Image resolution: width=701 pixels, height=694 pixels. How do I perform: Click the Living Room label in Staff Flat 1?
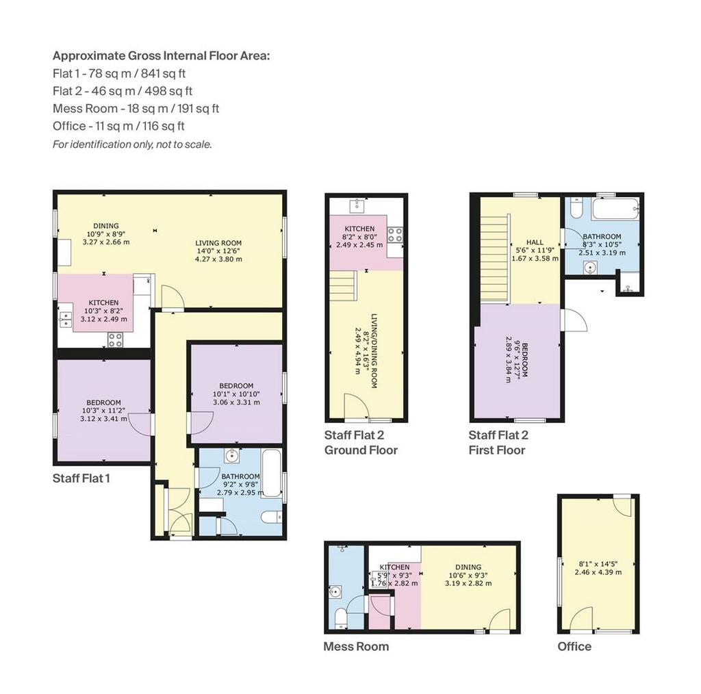218,243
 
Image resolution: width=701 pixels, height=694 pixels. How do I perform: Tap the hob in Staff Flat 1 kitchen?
115,340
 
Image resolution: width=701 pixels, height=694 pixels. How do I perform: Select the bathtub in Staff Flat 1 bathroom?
271,474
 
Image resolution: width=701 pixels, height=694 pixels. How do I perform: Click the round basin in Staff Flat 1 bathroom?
231,457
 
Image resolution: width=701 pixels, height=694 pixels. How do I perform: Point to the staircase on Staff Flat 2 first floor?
495,259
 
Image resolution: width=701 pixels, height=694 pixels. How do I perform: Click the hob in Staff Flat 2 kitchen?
395,235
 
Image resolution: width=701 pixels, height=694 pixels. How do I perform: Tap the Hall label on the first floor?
535,242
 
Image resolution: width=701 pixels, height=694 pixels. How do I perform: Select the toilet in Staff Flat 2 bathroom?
576,208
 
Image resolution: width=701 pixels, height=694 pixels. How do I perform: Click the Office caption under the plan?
574,647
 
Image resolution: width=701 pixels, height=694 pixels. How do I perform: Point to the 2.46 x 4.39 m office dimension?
598,572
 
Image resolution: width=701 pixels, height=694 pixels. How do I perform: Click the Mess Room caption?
356,647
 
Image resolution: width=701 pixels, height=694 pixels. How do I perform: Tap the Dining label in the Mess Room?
468,567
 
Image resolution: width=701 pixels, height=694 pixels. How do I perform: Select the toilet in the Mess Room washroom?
341,618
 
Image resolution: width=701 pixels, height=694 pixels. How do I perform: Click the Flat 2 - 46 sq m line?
123,91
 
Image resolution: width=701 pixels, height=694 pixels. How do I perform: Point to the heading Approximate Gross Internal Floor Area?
162,56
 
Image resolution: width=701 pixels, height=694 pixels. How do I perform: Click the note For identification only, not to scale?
132,144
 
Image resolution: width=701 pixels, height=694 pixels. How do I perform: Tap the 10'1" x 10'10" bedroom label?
236,394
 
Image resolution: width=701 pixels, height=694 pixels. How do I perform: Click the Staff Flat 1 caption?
81,478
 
